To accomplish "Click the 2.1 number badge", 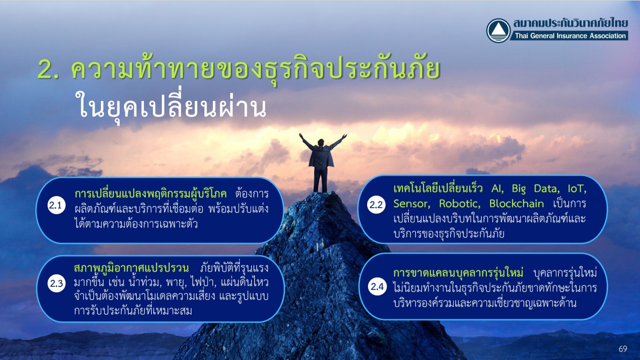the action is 56,205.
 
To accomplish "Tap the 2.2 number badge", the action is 376,204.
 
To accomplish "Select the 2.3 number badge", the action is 56,284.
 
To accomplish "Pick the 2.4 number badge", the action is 377,286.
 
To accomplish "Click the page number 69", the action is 623,349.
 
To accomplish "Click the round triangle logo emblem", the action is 498,31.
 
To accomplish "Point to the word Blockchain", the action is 516,204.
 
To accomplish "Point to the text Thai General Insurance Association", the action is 570,36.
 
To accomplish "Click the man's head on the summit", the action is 321,142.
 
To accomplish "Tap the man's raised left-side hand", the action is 301,136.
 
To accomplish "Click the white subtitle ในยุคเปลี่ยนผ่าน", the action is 172,105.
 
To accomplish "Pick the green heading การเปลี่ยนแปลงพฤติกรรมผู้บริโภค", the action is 151,194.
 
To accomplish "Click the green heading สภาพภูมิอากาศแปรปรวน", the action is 131,268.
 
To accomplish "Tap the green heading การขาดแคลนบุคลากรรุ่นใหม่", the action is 458,273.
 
